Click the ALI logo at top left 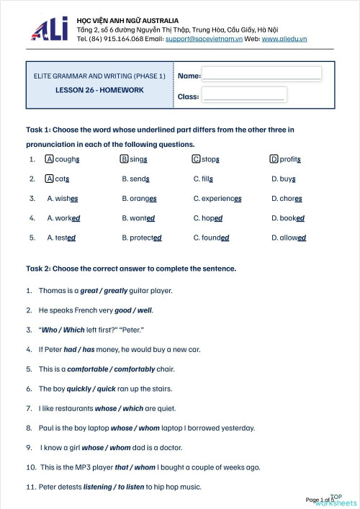point(49,29)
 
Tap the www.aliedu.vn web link point(284,38)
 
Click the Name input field point(261,75)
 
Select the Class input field point(243,95)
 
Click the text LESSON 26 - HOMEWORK point(99,90)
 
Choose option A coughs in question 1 point(63,159)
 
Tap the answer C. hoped point(208,217)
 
